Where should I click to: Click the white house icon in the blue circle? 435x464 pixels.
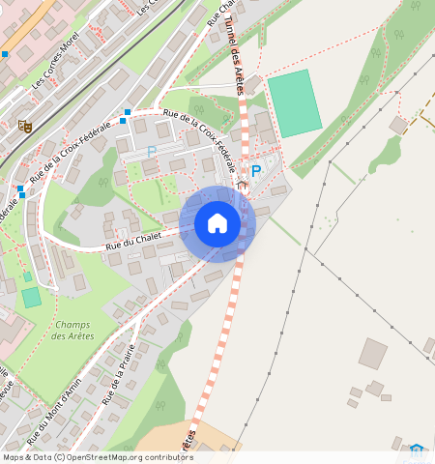[x=217, y=223]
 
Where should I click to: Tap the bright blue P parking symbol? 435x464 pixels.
[x=255, y=172]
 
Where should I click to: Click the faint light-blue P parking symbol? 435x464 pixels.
[x=151, y=152]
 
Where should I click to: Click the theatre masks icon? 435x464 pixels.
[x=25, y=126]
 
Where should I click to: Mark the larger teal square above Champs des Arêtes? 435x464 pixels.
[x=32, y=297]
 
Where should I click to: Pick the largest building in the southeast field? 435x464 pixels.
[x=372, y=353]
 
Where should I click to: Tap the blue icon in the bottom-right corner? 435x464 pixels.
[x=417, y=450]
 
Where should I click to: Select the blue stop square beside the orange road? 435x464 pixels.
[x=5, y=54]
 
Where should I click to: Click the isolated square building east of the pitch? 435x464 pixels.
[x=398, y=126]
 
